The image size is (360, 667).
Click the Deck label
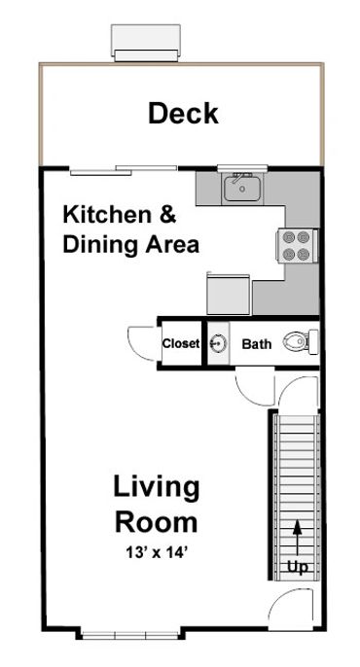click(x=183, y=114)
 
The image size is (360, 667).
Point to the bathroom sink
click(x=217, y=343)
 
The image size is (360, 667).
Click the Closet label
click(x=181, y=344)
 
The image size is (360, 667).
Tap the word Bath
click(x=257, y=343)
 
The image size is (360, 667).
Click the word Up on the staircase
click(x=297, y=567)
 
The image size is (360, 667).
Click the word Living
click(x=156, y=485)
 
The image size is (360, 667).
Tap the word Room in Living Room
click(x=156, y=522)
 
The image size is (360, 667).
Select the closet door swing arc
click(x=142, y=342)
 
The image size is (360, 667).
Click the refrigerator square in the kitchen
click(x=230, y=291)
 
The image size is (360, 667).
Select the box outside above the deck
click(x=146, y=41)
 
